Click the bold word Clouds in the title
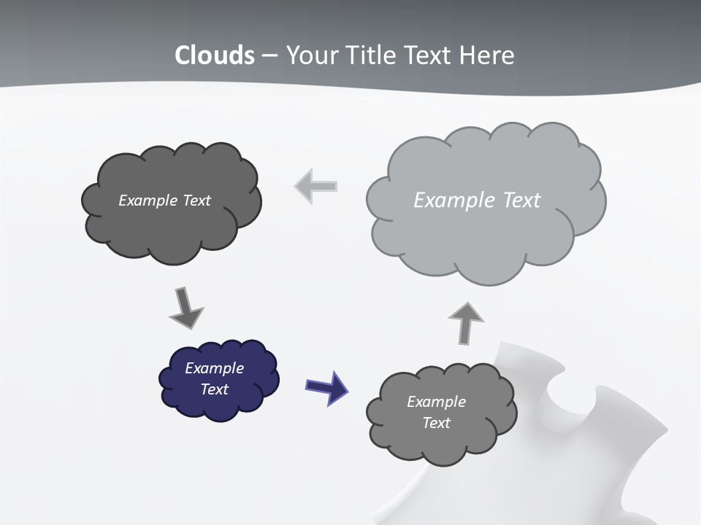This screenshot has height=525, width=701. coord(215,55)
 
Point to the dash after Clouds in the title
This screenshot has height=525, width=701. coord(269,56)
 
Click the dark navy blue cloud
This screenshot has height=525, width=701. coord(219,379)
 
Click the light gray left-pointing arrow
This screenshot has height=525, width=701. coord(315,186)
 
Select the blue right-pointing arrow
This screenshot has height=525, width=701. coord(326,386)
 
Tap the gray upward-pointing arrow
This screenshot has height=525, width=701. coord(465,322)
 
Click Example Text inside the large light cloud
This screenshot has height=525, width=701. coord(477,201)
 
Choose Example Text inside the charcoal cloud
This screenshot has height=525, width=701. coord(164,201)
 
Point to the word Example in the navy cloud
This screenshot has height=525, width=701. coord(214,368)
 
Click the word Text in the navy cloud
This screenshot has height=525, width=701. coord(214,389)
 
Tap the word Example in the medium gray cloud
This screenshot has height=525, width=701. coord(436,402)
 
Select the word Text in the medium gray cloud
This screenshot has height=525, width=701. coord(436,423)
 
